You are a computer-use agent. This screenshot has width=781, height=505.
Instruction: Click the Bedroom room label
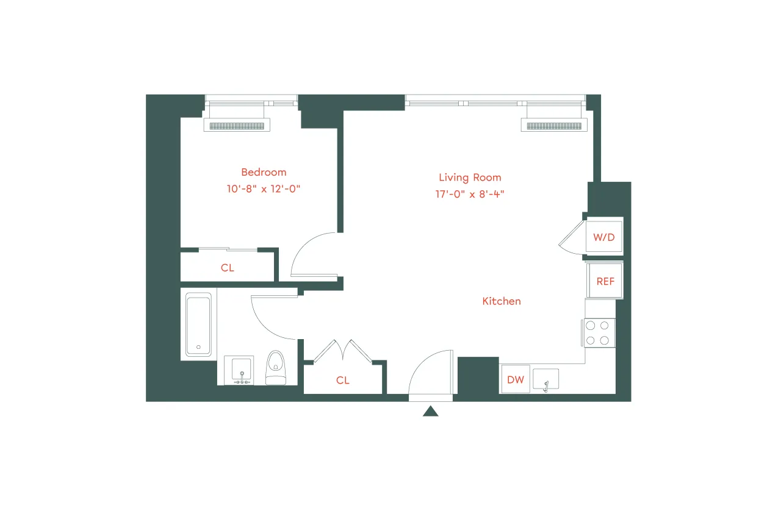(x=264, y=173)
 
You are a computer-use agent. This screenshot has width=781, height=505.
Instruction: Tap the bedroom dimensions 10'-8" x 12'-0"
(x=264, y=189)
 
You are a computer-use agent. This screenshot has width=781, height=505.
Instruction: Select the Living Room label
(x=470, y=177)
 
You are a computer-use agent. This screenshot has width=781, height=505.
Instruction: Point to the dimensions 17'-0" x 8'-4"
(x=470, y=195)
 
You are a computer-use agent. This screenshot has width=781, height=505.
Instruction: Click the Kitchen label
(x=502, y=301)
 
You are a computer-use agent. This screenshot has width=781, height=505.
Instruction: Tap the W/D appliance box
(x=604, y=237)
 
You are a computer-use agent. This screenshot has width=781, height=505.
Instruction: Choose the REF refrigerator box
(x=605, y=281)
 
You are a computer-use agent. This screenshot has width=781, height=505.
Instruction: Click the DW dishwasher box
(x=516, y=379)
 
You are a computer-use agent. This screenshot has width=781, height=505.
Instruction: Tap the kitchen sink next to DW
(x=545, y=379)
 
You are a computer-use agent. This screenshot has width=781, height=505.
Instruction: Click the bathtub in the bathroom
(x=199, y=324)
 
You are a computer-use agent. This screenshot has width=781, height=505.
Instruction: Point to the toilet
(x=276, y=368)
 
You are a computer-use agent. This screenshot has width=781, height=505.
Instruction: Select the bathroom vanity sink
(x=242, y=371)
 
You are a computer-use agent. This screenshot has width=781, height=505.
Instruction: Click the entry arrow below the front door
(x=431, y=412)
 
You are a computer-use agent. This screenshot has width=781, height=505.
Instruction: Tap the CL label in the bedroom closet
(x=228, y=268)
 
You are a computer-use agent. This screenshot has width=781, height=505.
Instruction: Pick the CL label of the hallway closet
(x=343, y=380)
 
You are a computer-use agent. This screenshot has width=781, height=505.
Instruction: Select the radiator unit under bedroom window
(x=239, y=126)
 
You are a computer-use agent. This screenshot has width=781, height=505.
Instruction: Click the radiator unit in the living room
(x=553, y=126)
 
